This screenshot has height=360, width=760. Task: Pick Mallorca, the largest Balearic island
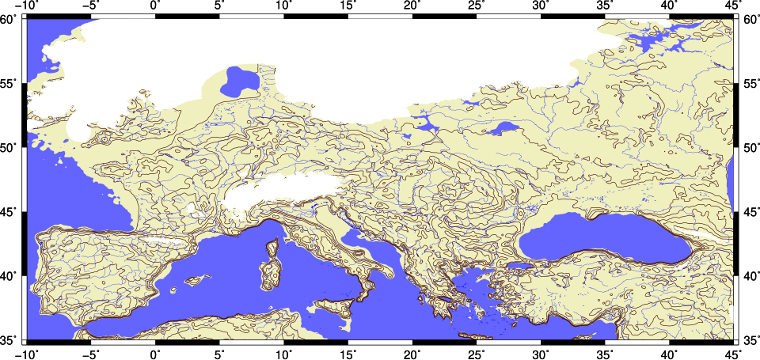(x=198, y=279)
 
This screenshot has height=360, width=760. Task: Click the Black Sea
(x=602, y=238)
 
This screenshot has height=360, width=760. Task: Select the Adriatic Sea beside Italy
(x=348, y=237)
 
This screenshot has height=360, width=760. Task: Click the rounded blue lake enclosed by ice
(x=238, y=81)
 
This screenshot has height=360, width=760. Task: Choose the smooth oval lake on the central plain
(x=503, y=127)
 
